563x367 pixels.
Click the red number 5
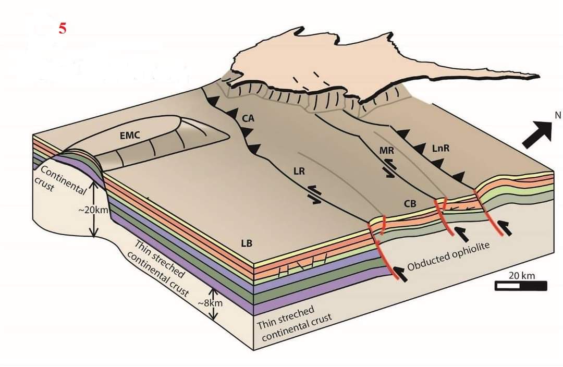click(x=63, y=28)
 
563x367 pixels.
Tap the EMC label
click(x=130, y=136)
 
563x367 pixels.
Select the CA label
click(x=248, y=119)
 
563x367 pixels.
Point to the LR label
click(x=299, y=171)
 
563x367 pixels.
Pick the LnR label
click(x=440, y=149)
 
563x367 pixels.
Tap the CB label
click(x=410, y=204)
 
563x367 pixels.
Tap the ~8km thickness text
click(x=210, y=303)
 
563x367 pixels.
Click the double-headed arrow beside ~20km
click(x=94, y=210)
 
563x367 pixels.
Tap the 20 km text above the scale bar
click(x=521, y=275)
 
